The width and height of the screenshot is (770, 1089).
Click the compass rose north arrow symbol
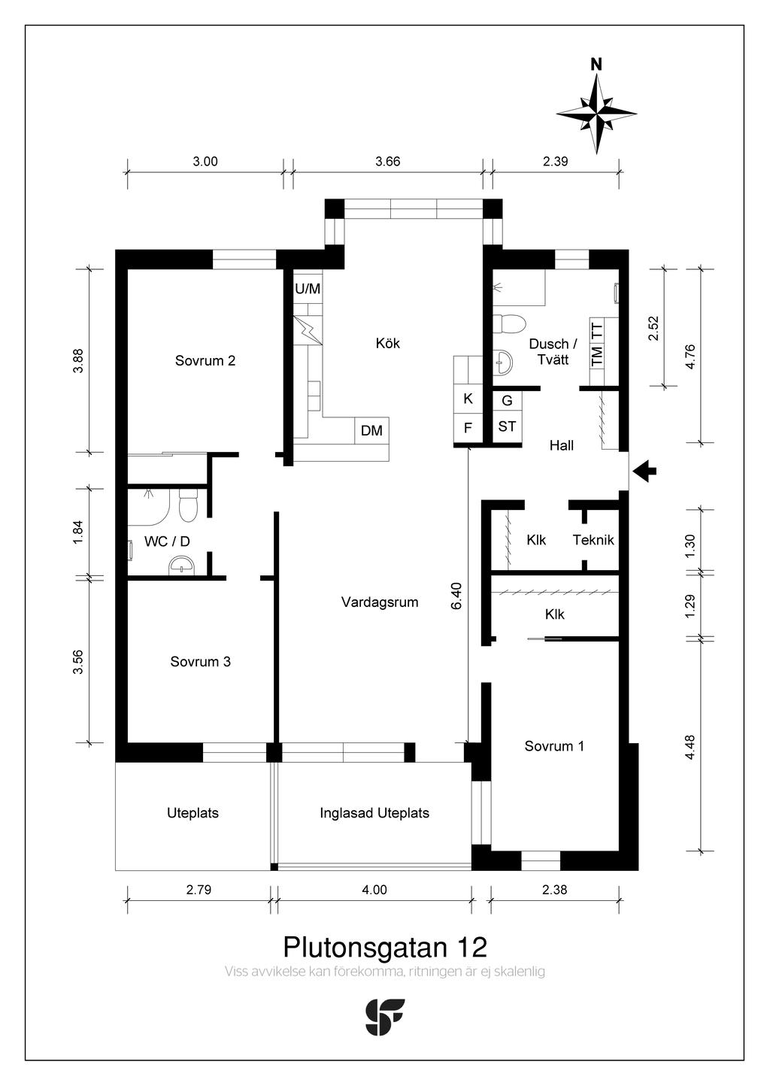(x=596, y=113)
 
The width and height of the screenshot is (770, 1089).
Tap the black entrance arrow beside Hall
(x=645, y=471)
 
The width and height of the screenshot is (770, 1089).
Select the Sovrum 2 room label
(x=205, y=361)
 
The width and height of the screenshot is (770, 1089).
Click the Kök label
(x=387, y=343)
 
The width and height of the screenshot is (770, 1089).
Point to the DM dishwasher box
(x=372, y=430)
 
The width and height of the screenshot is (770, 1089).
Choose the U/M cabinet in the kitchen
(x=308, y=289)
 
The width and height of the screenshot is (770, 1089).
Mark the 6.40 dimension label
(x=457, y=596)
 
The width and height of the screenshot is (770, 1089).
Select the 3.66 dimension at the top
(x=387, y=162)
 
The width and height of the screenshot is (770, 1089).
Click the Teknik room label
(x=593, y=540)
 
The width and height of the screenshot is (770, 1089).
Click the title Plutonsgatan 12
(x=385, y=947)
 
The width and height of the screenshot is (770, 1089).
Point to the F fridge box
(x=468, y=428)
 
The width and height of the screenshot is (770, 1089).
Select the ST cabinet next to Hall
(x=507, y=426)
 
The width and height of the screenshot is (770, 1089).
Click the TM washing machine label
(x=597, y=356)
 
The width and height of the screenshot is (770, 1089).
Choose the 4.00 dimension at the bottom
(x=374, y=890)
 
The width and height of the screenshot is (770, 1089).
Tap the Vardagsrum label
(x=380, y=602)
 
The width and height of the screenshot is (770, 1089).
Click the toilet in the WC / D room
(x=188, y=505)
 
